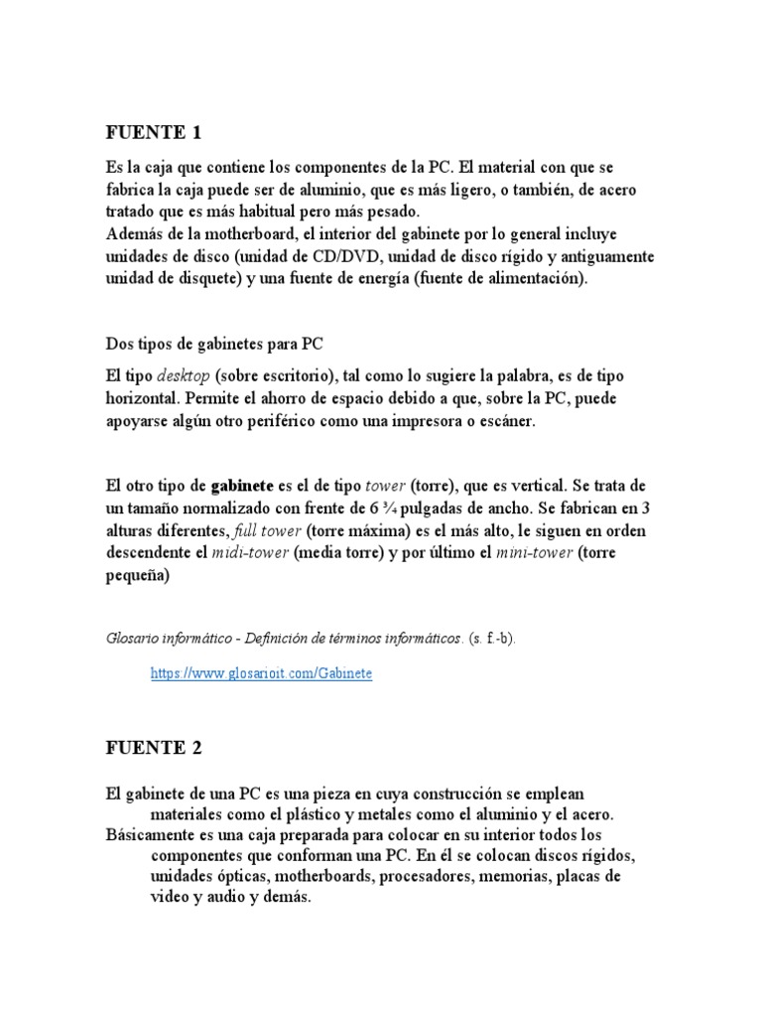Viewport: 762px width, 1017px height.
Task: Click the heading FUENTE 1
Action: (153, 132)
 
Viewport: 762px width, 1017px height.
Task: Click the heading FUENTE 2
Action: (153, 749)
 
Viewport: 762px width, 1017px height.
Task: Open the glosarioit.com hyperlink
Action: (261, 673)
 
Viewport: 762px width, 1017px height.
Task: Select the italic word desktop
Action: (184, 377)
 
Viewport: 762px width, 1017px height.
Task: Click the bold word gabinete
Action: (242, 487)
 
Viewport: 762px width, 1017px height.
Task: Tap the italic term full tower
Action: (268, 530)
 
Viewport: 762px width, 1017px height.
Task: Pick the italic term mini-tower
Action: (534, 552)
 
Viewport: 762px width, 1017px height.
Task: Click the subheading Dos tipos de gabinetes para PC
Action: (215, 343)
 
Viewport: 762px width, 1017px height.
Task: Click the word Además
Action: (134, 234)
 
